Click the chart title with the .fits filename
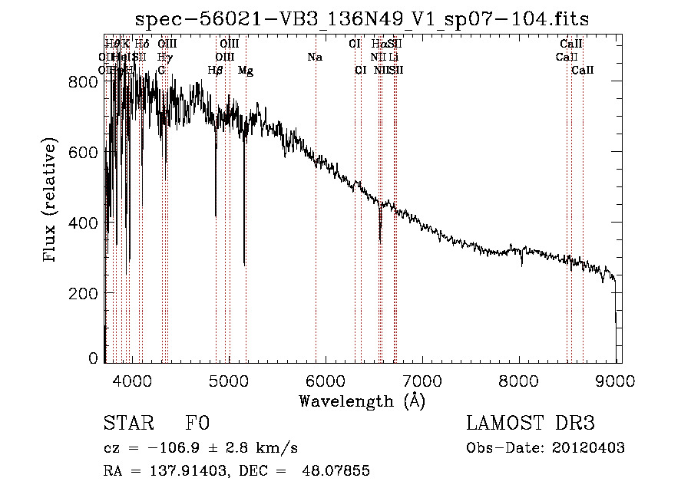(362, 19)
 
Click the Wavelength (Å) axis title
(362, 401)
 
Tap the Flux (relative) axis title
(51, 201)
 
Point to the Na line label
(315, 57)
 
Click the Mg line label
(246, 71)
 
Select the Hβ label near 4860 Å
(216, 71)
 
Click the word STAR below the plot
(127, 424)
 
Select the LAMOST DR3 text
(530, 424)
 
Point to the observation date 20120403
(586, 448)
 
